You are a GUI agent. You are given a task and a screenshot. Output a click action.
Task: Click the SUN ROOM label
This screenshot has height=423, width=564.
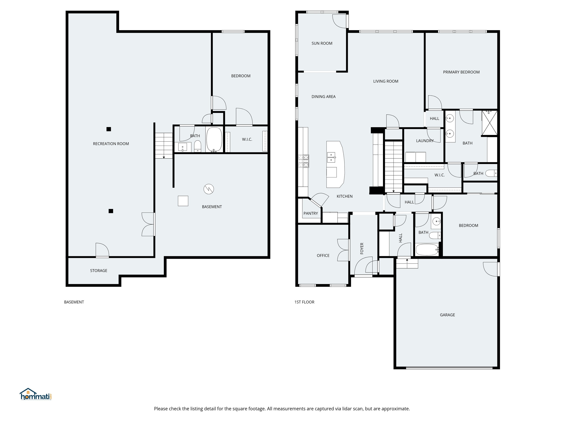[x=322, y=43]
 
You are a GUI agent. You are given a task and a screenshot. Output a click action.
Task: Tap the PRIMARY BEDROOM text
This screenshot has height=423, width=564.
[x=461, y=72]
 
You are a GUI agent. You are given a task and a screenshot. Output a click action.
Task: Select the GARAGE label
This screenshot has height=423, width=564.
[x=447, y=315]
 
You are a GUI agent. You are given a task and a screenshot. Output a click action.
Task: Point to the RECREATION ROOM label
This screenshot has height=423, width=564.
[x=111, y=144]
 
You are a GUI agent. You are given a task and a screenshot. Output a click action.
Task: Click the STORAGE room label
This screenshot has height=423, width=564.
[x=98, y=271]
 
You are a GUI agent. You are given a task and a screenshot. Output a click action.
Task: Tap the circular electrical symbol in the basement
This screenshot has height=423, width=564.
[x=209, y=189]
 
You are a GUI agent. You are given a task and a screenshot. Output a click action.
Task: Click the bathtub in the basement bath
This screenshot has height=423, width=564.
[x=214, y=140]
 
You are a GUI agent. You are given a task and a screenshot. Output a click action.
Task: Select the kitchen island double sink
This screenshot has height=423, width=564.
[x=331, y=157]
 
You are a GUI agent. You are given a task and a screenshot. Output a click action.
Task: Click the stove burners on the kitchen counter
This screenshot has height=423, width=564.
[x=303, y=161]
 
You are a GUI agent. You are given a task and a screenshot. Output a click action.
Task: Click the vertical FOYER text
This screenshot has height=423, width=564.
[x=361, y=248]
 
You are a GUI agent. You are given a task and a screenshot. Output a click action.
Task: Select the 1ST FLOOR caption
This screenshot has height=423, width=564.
[x=304, y=302]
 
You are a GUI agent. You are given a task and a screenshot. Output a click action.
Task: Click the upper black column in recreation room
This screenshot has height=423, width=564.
[x=109, y=129]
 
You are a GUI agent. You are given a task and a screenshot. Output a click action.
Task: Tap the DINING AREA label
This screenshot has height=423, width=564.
[x=323, y=97]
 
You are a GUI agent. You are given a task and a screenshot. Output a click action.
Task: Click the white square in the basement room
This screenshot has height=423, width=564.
[x=183, y=201]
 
